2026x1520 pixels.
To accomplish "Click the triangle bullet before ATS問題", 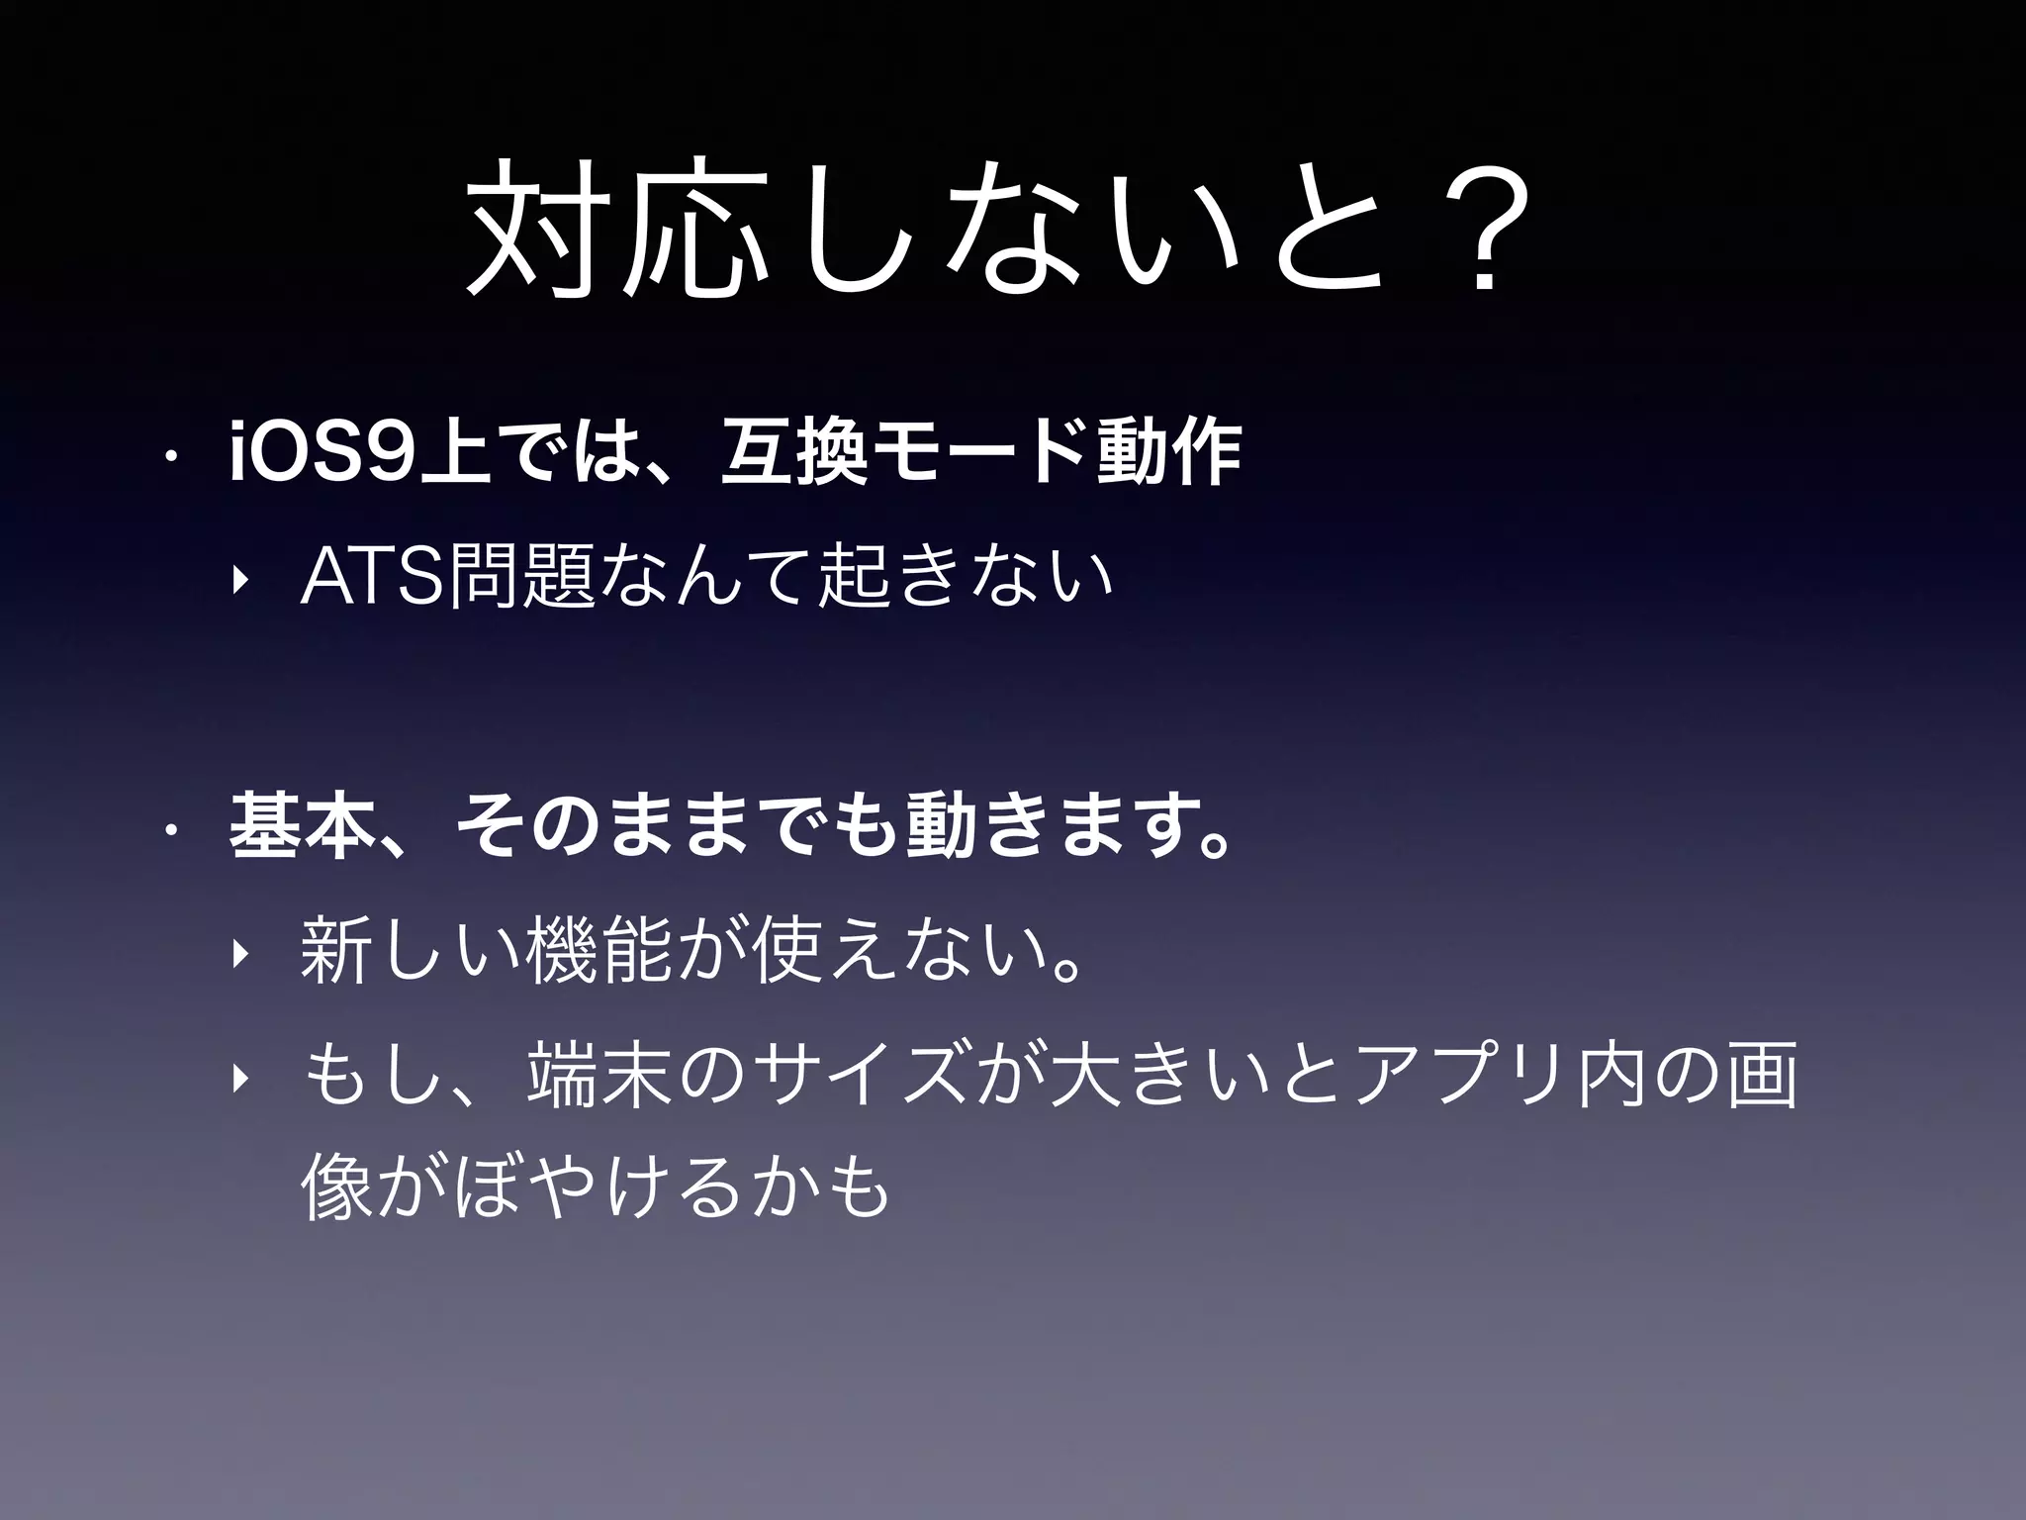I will [x=237, y=580].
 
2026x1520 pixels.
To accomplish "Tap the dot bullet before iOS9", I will [x=170, y=457].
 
